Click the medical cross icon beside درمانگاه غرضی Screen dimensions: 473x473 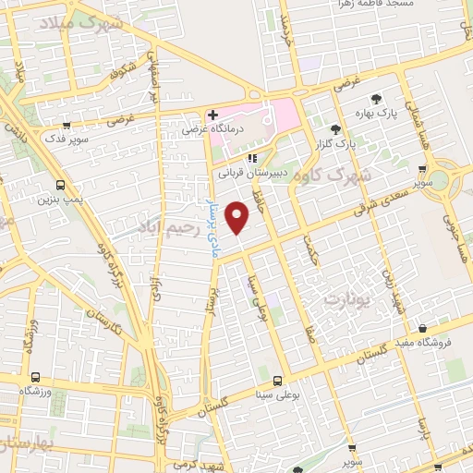[x=212, y=115]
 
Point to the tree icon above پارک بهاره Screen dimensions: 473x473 [x=375, y=99]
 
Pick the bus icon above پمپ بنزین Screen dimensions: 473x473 [x=60, y=184]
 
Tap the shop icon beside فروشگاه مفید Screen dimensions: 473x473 [x=422, y=328]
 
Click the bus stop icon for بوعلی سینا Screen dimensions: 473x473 [x=276, y=381]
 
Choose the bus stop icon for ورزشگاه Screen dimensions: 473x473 [x=35, y=378]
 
